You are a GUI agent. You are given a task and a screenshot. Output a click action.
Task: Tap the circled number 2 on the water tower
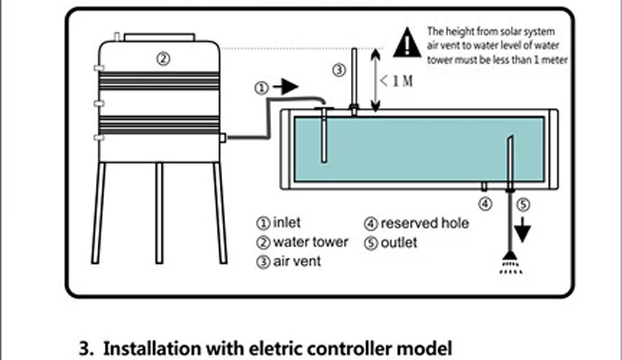[x=163, y=58]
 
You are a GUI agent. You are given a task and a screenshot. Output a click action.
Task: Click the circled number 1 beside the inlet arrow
[x=260, y=88]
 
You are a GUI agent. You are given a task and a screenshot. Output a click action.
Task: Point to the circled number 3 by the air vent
[x=339, y=69]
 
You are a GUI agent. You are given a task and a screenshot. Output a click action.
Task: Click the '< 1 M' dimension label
[x=398, y=81]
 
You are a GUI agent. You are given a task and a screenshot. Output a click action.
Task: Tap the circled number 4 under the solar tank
[x=485, y=204]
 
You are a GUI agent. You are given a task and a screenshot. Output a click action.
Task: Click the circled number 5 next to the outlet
[x=524, y=204]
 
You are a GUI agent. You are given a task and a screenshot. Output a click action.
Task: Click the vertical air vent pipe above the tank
[x=354, y=78]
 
